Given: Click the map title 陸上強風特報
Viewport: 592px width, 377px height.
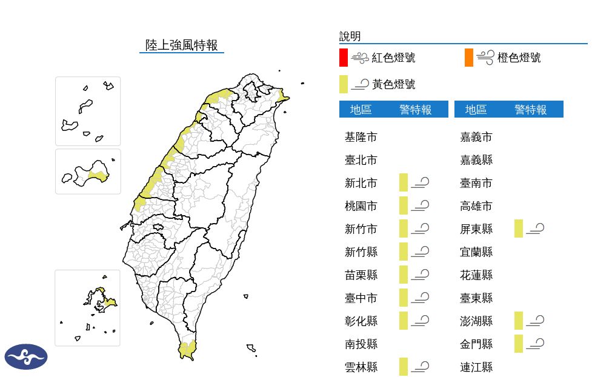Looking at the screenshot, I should (181, 45).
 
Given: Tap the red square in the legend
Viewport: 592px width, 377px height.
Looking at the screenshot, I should (343, 58).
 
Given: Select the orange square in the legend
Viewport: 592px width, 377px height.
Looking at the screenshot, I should (468, 58).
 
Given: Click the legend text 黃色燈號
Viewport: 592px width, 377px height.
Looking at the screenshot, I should (393, 84).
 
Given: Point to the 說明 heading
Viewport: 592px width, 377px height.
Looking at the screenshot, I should (350, 36).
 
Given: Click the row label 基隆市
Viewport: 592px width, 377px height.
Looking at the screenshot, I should (361, 137).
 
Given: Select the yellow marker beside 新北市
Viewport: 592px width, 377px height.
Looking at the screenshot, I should (404, 182).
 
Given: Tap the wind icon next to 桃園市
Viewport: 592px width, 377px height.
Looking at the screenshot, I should (420, 206).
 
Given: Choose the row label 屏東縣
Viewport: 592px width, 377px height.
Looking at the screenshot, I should (476, 229).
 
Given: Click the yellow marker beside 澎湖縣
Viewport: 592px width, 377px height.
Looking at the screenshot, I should (518, 321).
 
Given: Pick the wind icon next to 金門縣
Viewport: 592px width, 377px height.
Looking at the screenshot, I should (535, 344).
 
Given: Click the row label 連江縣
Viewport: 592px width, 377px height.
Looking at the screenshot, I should (476, 367).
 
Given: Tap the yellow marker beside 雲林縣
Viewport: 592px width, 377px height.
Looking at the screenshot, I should (404, 367).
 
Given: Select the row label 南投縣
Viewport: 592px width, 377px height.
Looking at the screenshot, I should (361, 344).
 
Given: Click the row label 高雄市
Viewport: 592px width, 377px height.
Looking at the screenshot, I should (476, 206).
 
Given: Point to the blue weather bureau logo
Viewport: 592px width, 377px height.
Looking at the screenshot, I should (26, 356).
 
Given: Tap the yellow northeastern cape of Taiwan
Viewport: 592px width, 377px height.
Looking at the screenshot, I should (282, 95).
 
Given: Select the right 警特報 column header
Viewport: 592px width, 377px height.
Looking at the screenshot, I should (530, 110).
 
